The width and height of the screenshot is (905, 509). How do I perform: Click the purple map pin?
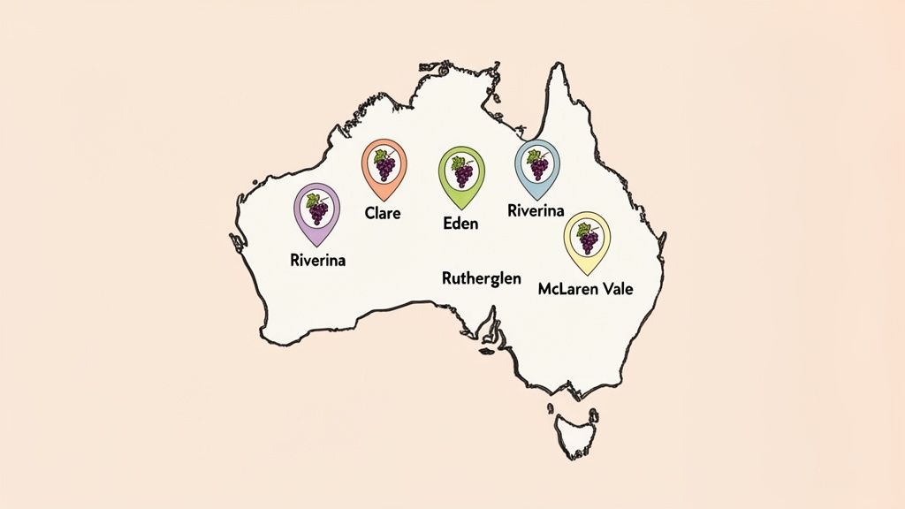[316, 212]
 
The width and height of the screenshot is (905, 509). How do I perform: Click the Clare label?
[383, 213]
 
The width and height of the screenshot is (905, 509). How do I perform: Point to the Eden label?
[460, 224]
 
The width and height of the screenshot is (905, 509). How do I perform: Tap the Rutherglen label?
[481, 277]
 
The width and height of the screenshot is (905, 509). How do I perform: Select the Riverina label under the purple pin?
[317, 261]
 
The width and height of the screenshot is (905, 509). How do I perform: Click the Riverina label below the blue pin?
[536, 210]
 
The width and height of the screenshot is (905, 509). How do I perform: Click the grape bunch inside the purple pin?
[316, 210]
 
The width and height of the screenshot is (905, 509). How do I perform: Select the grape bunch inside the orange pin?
[384, 165]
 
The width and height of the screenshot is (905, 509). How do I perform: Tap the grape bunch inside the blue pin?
[536, 163]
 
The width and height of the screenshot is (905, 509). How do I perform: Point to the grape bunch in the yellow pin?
[586, 237]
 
